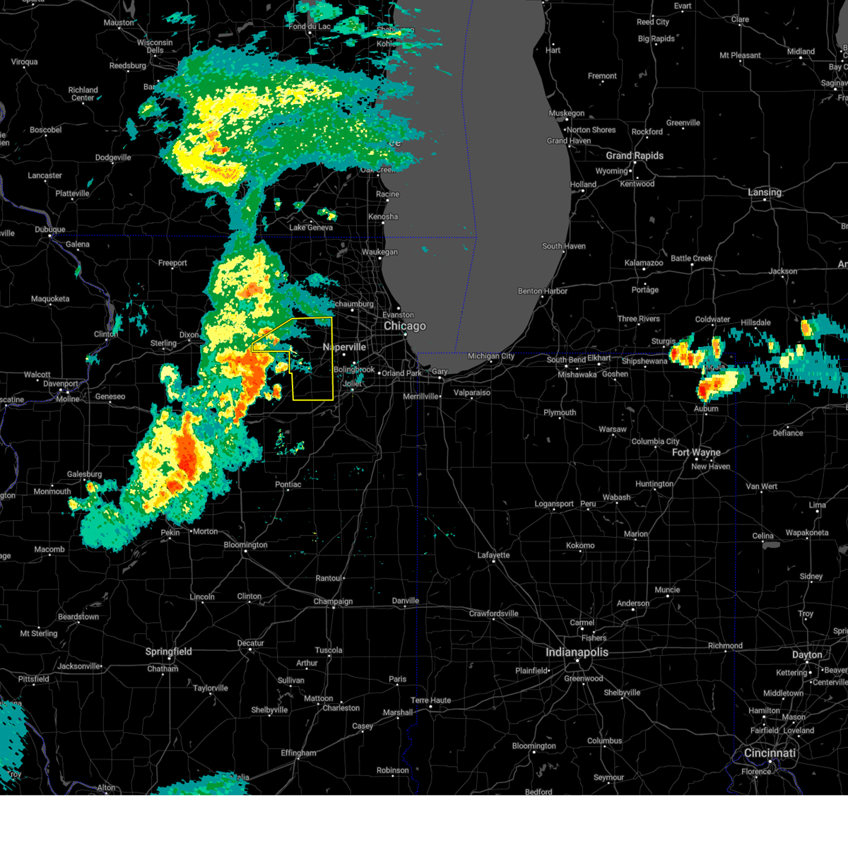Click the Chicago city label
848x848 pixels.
[405, 326]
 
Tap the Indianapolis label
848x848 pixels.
[577, 652]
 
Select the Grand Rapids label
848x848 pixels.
[635, 155]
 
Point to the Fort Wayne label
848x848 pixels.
[696, 452]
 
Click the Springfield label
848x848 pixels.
[168, 652]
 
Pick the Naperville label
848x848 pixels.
[344, 347]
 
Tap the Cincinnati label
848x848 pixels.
[770, 753]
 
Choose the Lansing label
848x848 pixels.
[765, 192]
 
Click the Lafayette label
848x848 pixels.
[493, 555]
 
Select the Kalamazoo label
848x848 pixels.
[644, 263]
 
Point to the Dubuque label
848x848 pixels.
[49, 230]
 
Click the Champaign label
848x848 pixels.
[333, 601]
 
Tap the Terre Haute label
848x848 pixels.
[430, 700]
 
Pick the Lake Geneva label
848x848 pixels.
[311, 228]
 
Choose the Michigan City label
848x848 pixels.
[491, 356]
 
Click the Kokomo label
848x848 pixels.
[580, 546]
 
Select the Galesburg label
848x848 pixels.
[84, 474]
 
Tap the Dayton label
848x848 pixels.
[807, 655]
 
